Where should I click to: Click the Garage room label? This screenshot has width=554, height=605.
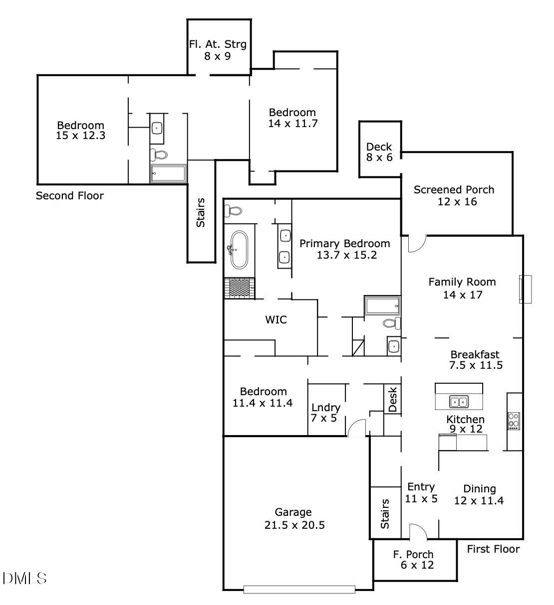pyautogui.click(x=293, y=518)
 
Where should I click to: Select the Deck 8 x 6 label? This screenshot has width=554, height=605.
pyautogui.click(x=379, y=152)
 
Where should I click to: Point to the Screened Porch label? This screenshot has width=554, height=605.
pyautogui.click(x=454, y=195)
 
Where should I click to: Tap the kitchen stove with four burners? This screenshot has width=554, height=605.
pyautogui.click(x=514, y=421)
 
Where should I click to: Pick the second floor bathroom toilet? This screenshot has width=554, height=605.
pyautogui.click(x=160, y=154)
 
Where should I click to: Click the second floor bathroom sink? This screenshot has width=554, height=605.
pyautogui.click(x=158, y=128)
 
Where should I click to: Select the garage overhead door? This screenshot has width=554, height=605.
pyautogui.click(x=299, y=590)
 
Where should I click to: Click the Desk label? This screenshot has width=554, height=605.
pyautogui.click(x=392, y=399)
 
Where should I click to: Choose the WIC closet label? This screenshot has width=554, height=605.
pyautogui.click(x=276, y=320)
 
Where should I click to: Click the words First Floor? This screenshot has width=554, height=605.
pyautogui.click(x=493, y=549)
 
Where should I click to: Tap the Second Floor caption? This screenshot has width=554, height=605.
pyautogui.click(x=70, y=196)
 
